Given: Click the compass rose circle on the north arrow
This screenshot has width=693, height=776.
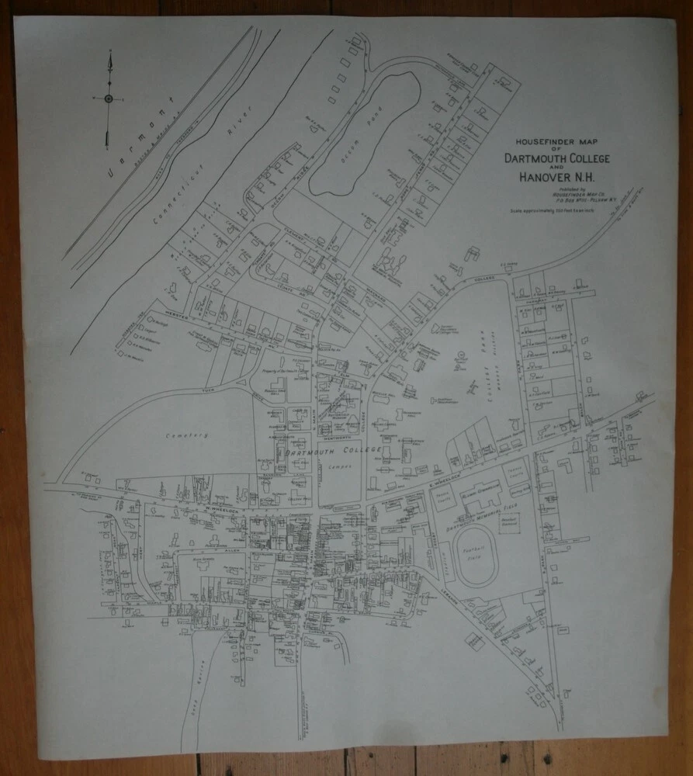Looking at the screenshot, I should (109, 99).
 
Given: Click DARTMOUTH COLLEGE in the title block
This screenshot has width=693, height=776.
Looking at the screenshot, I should (556, 158).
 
